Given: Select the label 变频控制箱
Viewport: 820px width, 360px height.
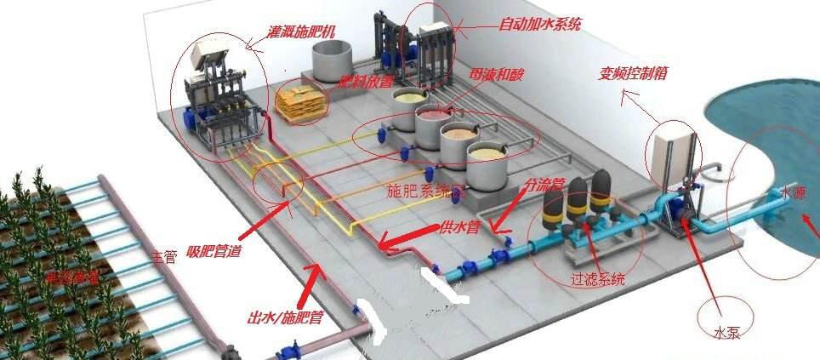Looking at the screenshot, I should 633,74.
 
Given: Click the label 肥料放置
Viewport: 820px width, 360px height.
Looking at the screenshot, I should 366,83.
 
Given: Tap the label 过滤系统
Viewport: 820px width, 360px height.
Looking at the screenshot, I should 598,278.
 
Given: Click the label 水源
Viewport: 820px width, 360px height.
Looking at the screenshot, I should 796,193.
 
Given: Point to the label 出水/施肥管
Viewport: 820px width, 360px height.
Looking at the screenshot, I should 284,317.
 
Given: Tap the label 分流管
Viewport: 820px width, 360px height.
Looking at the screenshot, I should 545,184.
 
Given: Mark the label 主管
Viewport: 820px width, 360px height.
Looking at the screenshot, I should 164,255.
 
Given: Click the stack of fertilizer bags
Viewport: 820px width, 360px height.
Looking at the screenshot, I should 300,100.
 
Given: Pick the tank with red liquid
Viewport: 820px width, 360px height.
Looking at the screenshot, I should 432,119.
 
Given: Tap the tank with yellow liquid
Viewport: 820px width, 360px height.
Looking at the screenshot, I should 487,157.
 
